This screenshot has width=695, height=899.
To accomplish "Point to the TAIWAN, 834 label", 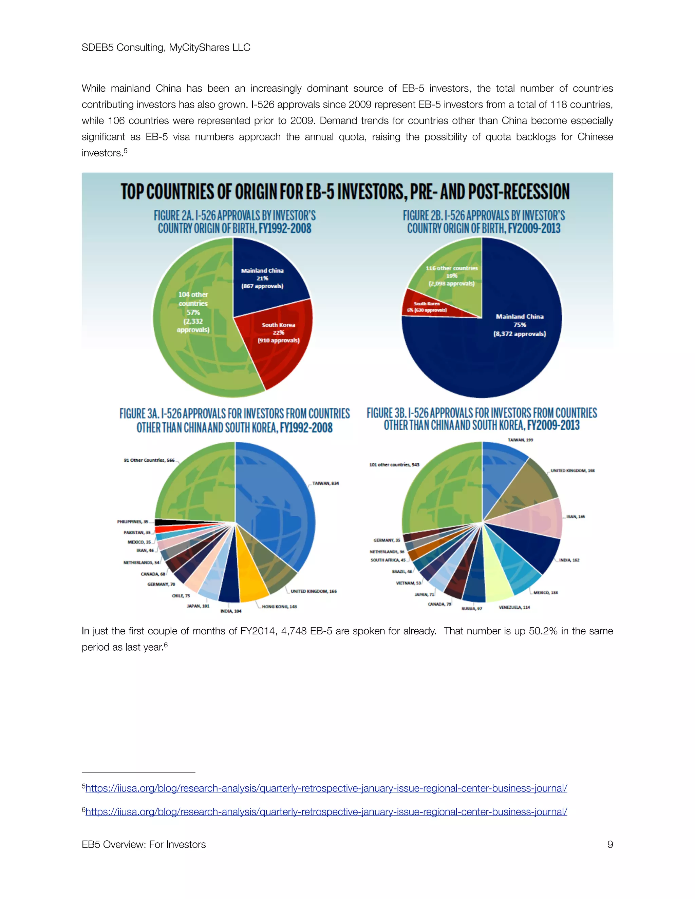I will pos(325,483).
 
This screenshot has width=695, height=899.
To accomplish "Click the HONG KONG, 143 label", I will pos(279,606).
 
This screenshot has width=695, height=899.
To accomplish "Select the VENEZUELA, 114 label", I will pos(514,607).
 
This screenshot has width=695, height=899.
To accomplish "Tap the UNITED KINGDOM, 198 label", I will pos(572,471).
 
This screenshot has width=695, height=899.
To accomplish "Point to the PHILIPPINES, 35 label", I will pos(133,521).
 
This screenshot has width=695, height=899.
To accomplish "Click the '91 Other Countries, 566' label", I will pos(149,460).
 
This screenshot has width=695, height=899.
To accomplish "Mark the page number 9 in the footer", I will pos(610,844).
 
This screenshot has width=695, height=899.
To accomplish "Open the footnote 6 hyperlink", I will pos(326,811).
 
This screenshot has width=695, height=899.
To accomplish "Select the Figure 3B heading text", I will pos(482,419).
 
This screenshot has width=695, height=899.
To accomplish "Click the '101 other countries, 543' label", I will pos(394,465).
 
